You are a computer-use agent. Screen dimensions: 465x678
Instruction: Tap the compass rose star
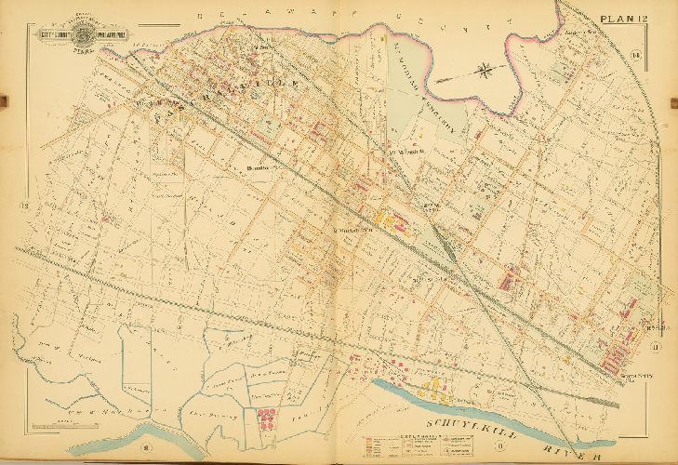[x=487, y=69]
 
